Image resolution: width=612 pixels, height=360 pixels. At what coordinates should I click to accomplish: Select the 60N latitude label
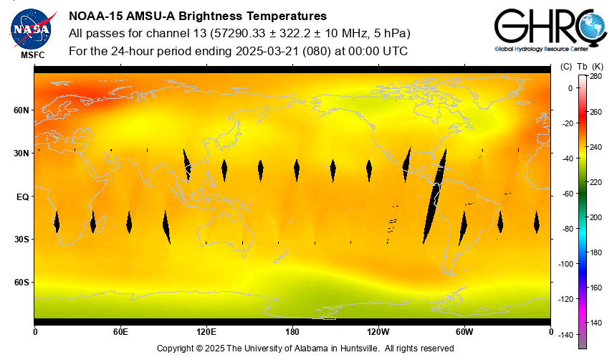click(21, 110)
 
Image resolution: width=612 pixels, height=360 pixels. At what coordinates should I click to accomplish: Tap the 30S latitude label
click(21, 239)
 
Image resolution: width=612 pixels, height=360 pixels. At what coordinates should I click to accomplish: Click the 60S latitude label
click(21, 282)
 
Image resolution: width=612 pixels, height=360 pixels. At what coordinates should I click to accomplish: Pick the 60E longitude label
click(120, 331)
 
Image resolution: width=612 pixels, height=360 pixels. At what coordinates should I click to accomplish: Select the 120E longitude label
click(206, 331)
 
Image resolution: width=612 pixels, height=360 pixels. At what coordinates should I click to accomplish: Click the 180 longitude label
click(292, 331)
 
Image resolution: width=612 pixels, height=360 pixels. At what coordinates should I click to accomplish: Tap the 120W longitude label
click(378, 331)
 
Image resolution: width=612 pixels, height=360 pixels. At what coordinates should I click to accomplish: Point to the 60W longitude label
click(464, 331)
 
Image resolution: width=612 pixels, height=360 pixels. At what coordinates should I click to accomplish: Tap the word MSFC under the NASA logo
click(32, 55)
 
